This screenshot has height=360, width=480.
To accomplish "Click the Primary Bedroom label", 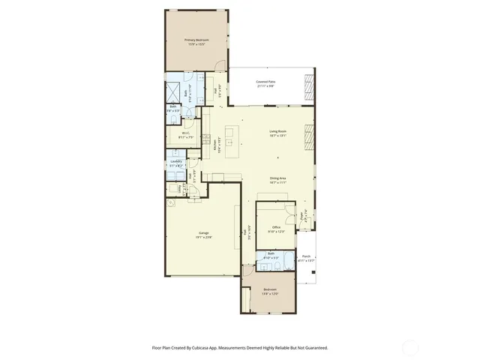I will [x=196, y=39].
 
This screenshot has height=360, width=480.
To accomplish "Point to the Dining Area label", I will [x=278, y=178].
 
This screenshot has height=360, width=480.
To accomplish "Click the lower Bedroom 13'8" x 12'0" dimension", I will [x=270, y=293].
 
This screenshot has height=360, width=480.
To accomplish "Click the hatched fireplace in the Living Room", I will [x=307, y=136].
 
